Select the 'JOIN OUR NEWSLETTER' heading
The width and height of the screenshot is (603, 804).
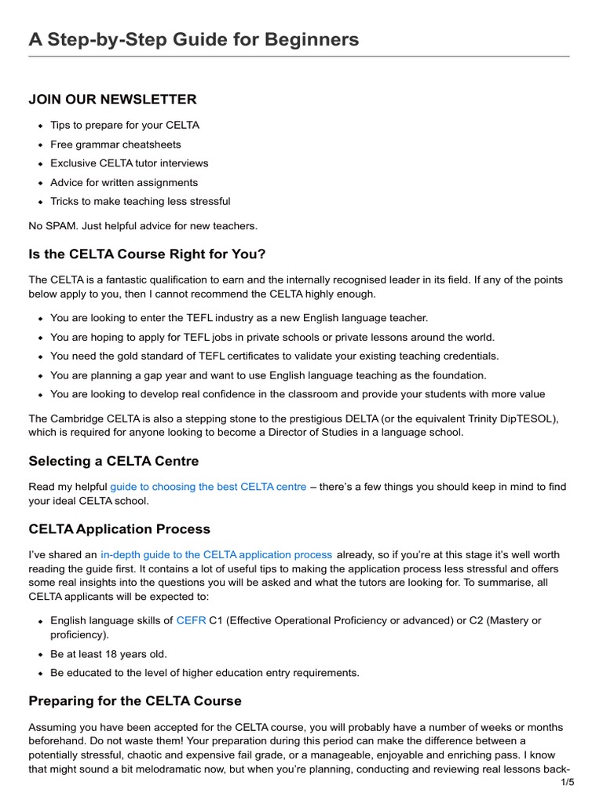pyautogui.click(x=112, y=99)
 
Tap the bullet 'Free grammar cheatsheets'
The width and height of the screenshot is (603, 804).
pyautogui.click(x=115, y=144)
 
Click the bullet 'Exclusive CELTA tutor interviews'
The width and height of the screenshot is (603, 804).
pyautogui.click(x=130, y=163)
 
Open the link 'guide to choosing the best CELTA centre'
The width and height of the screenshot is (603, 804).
pyautogui.click(x=208, y=487)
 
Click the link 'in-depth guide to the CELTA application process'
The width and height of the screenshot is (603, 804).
pyautogui.click(x=216, y=555)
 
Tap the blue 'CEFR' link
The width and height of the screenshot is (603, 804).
pyautogui.click(x=191, y=620)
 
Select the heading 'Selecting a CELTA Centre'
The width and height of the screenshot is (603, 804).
pyautogui.click(x=114, y=461)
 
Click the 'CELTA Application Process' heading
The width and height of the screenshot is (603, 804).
pyautogui.click(x=119, y=528)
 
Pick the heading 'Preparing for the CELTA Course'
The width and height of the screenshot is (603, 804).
pyautogui.click(x=135, y=700)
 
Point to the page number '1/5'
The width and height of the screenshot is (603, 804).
pyautogui.click(x=567, y=782)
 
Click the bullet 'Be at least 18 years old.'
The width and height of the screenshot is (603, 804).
pyautogui.click(x=108, y=653)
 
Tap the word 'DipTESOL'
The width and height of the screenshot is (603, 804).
pyautogui.click(x=528, y=418)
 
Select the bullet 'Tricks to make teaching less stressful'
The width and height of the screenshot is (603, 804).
pyautogui.click(x=141, y=201)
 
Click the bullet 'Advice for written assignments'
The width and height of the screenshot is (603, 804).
pyautogui.click(x=124, y=182)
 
